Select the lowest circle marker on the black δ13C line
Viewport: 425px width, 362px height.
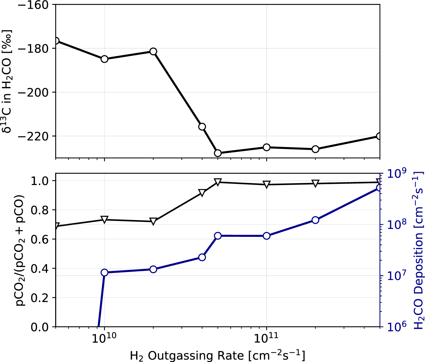[x=218, y=153]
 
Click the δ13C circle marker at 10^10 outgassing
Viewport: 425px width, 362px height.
[x=104, y=59]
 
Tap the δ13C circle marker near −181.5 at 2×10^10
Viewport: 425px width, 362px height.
[x=153, y=52]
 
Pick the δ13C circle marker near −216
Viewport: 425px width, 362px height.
[x=202, y=127]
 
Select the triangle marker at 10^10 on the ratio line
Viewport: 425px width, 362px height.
[x=104, y=219]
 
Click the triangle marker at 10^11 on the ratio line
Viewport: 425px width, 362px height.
[x=267, y=184]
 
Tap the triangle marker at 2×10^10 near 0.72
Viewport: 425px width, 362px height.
[x=153, y=221]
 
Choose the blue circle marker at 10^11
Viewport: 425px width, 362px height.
[x=267, y=236]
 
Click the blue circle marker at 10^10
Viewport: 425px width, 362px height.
[x=104, y=272]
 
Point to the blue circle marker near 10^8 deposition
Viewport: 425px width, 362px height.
[x=315, y=220]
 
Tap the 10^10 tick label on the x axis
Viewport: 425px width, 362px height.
[x=104, y=338]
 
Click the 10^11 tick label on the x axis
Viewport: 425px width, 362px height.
[x=266, y=338]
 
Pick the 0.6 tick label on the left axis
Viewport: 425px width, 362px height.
[x=40, y=239]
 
